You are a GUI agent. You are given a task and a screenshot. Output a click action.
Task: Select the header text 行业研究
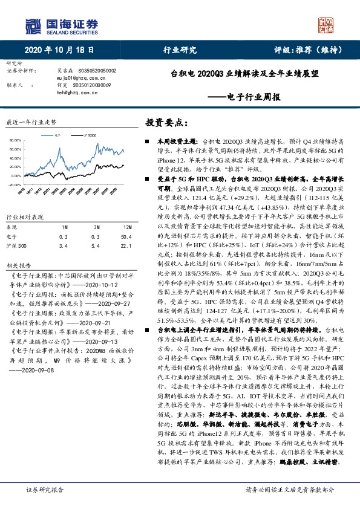180,50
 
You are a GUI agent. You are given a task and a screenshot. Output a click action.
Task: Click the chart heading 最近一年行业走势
30,122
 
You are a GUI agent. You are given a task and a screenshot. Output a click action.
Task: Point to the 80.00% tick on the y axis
16,140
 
